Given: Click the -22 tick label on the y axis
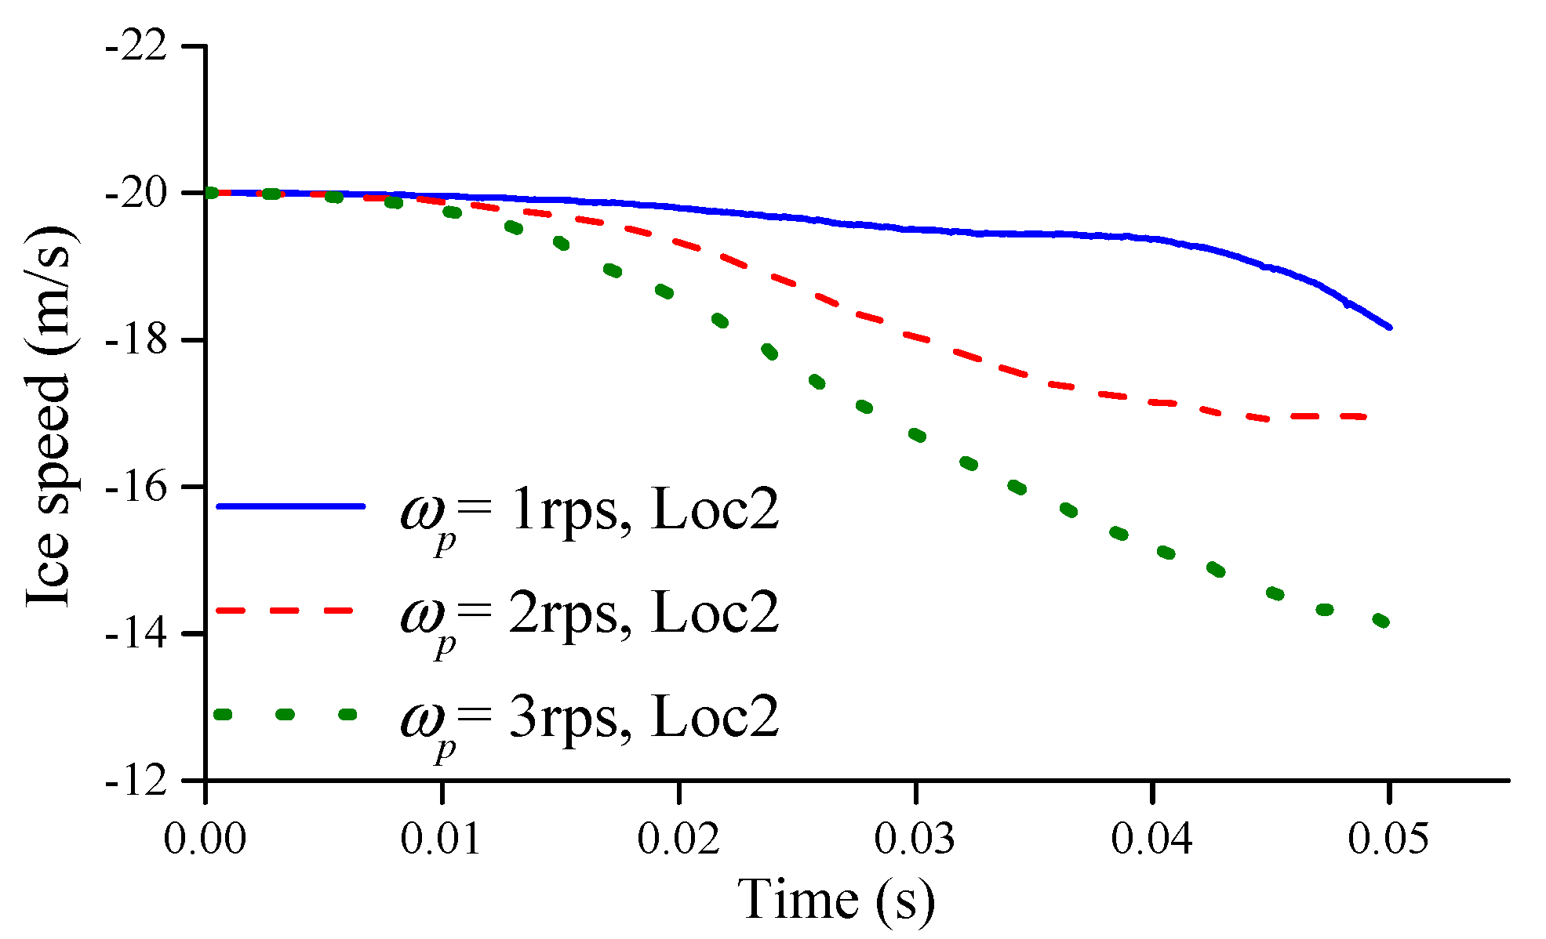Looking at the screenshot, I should click(x=136, y=46).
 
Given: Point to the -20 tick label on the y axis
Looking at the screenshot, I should click(x=136, y=193).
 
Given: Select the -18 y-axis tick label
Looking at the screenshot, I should click(x=136, y=340).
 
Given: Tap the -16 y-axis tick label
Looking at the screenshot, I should click(x=136, y=487).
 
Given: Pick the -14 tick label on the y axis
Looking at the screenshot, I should click(x=136, y=633).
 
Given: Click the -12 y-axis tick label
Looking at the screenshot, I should click(x=136, y=781).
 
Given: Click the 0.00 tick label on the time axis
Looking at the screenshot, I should click(x=205, y=839).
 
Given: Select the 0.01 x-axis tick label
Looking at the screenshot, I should click(x=442, y=839).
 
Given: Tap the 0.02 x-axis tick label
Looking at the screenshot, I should click(x=678, y=839).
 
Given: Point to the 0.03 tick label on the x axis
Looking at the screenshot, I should click(x=915, y=839).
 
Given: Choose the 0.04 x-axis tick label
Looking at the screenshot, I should click(x=1152, y=839).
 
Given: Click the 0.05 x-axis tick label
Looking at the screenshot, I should click(x=1389, y=839).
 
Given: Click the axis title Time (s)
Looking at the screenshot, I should click(x=836, y=899).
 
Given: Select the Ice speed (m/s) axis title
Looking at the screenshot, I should click(x=49, y=416).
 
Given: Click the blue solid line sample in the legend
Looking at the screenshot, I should click(x=290, y=506).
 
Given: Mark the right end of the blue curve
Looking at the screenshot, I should click(x=1389, y=328).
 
